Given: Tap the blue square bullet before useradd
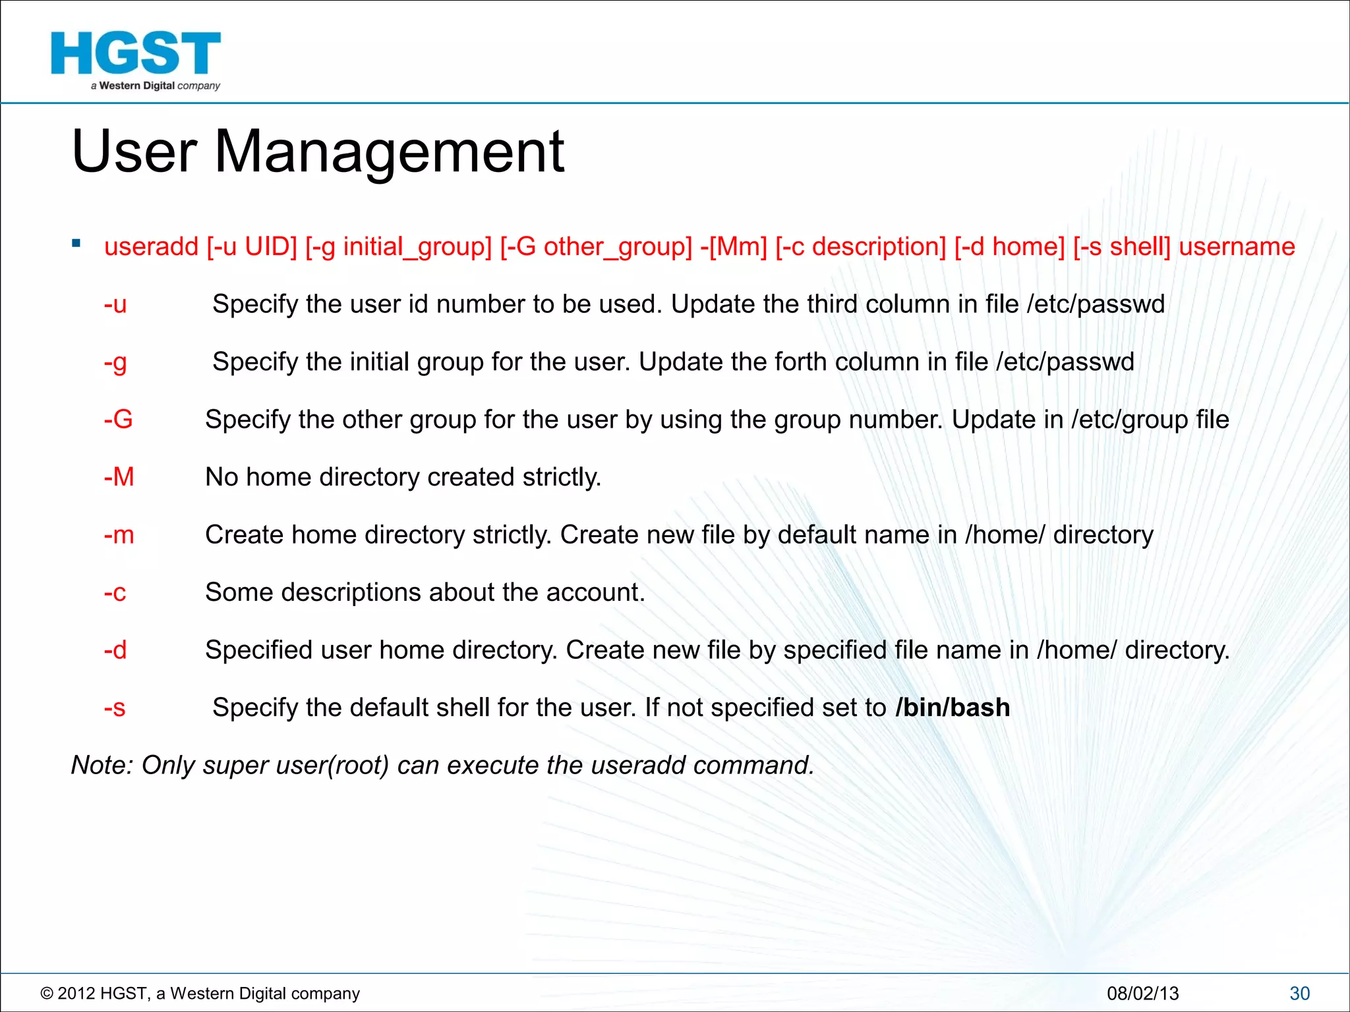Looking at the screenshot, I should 76,243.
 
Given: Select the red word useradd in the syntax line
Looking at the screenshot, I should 151,246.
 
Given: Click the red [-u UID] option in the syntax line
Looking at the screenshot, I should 252,246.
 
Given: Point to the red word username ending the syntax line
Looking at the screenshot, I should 1237,246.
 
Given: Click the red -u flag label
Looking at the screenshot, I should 115,304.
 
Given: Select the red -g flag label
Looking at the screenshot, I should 115,362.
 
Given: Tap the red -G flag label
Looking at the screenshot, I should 118,420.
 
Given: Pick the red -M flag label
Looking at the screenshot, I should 119,477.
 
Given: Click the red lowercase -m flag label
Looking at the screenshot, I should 119,535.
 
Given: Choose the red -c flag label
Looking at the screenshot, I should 115,592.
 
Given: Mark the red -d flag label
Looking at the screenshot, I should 115,650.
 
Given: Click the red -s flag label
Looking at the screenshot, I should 114,708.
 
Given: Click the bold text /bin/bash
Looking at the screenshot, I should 953,708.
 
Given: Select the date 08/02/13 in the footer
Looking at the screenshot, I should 1142,993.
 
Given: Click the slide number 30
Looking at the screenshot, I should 1299,993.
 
